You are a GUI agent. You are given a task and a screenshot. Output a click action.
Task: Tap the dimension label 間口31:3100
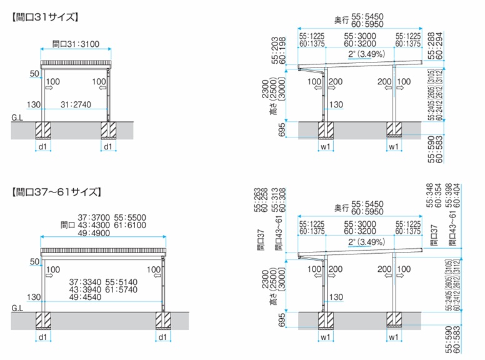[x=76, y=44]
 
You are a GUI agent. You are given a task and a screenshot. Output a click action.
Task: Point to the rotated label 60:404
[x=463, y=196]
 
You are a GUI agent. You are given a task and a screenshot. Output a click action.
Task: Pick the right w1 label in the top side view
[x=394, y=147]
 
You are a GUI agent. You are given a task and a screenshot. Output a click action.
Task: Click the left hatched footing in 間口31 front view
[x=43, y=129]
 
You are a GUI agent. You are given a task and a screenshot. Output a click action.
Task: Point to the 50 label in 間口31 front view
[x=34, y=74]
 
